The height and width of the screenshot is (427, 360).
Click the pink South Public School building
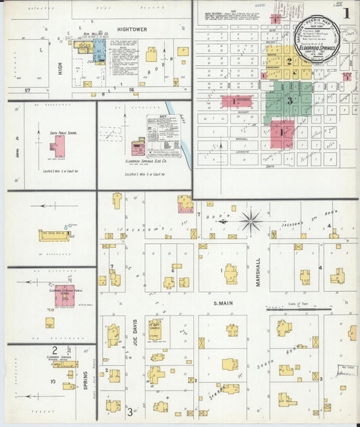tap(59, 147)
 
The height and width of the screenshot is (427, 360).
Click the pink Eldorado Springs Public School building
tap(64, 296)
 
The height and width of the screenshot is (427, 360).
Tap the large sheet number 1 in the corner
tap(346, 12)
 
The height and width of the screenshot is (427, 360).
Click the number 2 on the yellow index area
tap(288, 61)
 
